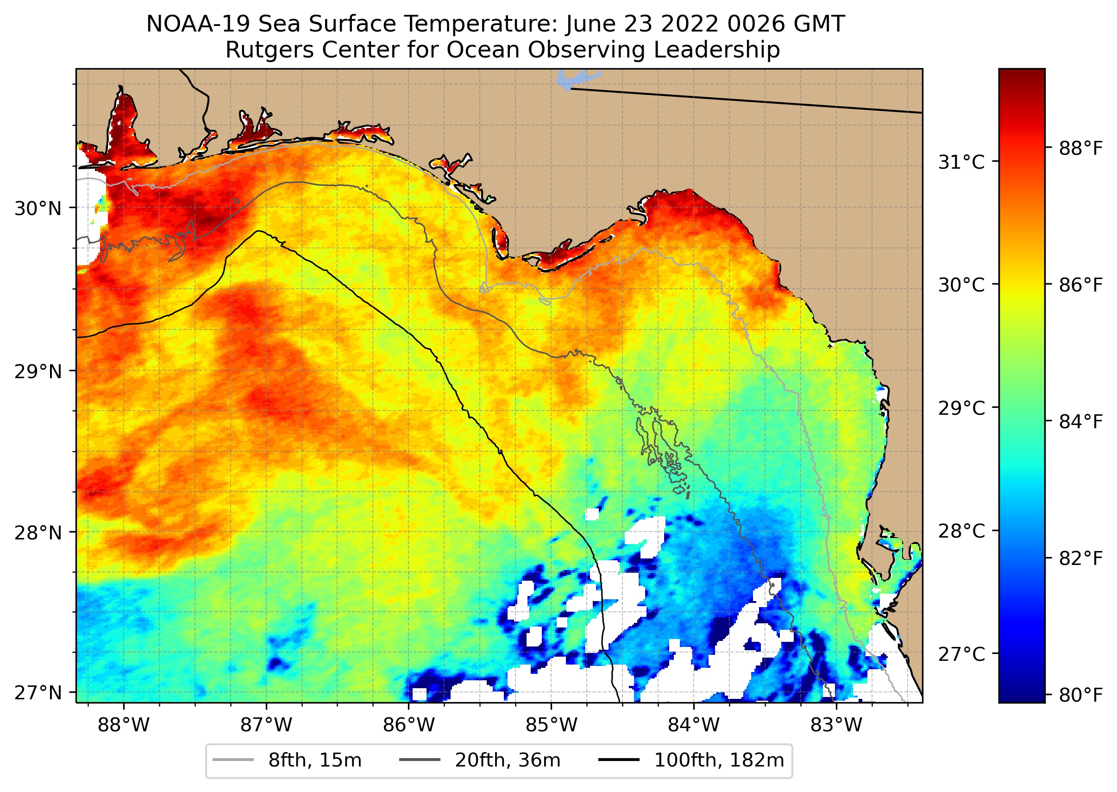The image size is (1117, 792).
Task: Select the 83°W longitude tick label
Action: (836, 725)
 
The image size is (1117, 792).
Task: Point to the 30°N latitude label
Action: (38, 209)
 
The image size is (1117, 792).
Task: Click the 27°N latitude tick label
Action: (38, 692)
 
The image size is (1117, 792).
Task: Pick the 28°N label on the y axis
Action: (38, 533)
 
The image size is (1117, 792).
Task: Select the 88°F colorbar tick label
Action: (1080, 148)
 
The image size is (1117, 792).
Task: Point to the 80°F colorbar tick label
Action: (1080, 695)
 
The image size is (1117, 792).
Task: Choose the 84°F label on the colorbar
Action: (1080, 421)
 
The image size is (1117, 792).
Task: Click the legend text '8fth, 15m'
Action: (315, 760)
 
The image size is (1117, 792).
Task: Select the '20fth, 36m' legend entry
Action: (508, 760)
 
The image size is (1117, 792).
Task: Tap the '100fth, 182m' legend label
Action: (719, 760)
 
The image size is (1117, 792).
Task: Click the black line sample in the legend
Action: (618, 760)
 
